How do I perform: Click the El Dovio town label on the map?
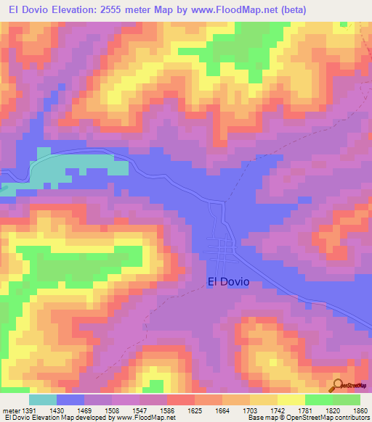tap(228, 282)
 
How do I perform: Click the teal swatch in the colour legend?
tap(42, 400)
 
